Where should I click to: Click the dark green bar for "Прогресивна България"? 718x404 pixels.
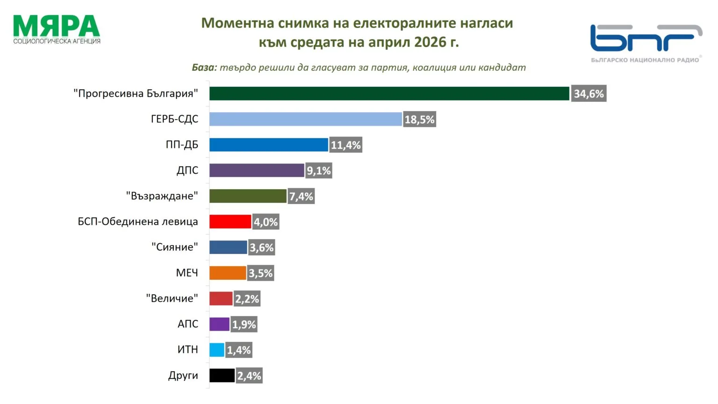(x=389, y=93)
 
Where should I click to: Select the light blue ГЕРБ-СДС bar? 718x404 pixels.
(x=305, y=119)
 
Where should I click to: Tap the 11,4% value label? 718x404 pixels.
(x=346, y=145)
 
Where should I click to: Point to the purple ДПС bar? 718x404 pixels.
(x=257, y=170)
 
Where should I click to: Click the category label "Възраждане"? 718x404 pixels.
(x=162, y=196)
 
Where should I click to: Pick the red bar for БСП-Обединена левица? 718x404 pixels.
(x=230, y=221)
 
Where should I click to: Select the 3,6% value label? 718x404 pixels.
(x=261, y=248)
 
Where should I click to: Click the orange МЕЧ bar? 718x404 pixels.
(x=228, y=273)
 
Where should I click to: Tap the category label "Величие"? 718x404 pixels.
(x=172, y=298)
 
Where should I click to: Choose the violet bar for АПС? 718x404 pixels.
(x=219, y=324)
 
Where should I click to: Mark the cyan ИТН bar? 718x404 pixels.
(x=217, y=350)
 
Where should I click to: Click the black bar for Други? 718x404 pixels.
(x=222, y=376)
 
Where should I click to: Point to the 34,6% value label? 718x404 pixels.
(x=589, y=94)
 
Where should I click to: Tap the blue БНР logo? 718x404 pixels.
(x=645, y=38)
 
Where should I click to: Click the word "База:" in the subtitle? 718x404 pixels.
(x=204, y=67)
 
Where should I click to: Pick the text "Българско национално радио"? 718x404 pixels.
(x=645, y=60)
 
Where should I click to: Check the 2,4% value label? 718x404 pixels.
(x=249, y=376)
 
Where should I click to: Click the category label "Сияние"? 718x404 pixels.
(x=174, y=247)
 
